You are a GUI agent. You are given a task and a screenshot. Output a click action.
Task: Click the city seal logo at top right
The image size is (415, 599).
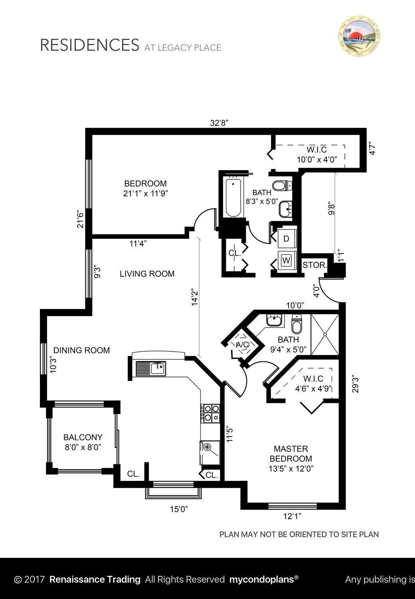pos(359,36)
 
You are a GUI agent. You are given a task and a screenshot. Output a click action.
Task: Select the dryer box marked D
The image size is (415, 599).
pos(286,239)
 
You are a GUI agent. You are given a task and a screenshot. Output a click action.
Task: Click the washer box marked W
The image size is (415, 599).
pos(286,260)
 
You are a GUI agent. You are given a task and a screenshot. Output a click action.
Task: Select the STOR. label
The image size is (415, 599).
pos(315,265)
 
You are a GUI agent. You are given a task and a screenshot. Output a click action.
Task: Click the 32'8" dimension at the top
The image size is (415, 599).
pos(219,123)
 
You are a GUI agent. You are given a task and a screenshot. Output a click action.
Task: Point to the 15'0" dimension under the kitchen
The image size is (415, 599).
pos(179,509)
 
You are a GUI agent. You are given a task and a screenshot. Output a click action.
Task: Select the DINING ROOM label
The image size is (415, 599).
pos(81,350)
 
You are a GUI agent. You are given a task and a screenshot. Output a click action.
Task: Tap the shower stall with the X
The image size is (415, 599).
pos(325,334)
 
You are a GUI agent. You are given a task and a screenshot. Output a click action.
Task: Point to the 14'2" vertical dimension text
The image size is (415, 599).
pos(195,297)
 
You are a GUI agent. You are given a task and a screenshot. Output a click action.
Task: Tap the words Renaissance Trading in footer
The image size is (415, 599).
pos(95,579)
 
